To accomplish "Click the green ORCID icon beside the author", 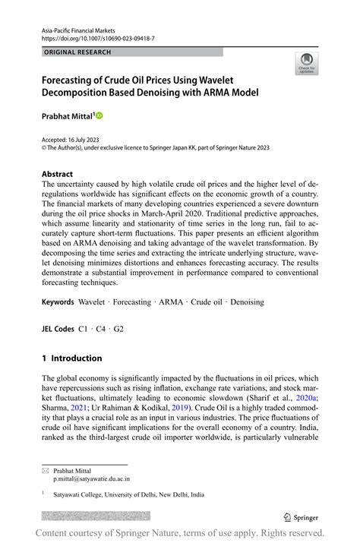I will (x=98, y=115).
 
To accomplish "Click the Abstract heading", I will (x=58, y=174).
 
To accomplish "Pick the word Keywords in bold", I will (x=58, y=302).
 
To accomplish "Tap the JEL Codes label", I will (x=59, y=330).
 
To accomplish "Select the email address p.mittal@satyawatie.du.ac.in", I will (x=91, y=480).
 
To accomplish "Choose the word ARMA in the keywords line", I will (x=172, y=302).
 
